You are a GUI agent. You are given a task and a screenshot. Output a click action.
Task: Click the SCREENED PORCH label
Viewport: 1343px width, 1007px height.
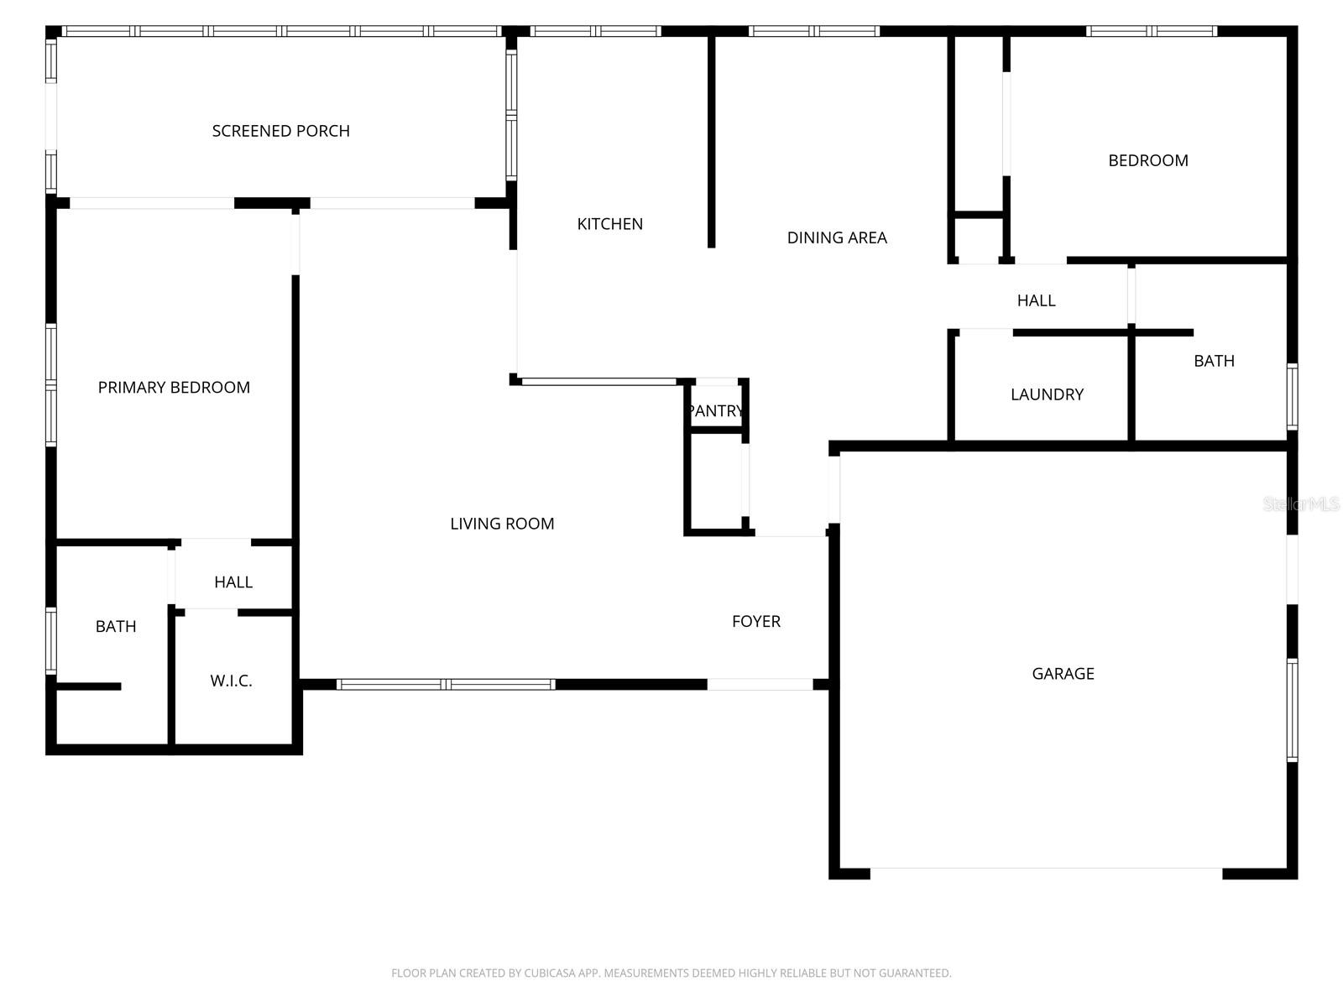[280, 131]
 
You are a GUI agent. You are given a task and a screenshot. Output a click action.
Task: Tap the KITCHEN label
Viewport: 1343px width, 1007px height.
[609, 224]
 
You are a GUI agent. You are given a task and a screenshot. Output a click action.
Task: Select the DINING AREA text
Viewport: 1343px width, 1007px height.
[836, 237]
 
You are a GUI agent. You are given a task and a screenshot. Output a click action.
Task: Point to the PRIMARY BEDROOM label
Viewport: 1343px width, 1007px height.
[174, 387]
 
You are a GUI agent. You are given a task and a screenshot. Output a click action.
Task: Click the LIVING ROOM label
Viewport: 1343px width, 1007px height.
[502, 524]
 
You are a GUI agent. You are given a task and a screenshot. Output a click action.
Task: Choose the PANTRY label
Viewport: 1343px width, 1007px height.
[715, 410]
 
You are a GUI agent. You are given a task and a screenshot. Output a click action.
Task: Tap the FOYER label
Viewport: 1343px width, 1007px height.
[755, 621]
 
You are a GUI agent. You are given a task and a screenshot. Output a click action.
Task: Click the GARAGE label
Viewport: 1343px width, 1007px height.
[1063, 673]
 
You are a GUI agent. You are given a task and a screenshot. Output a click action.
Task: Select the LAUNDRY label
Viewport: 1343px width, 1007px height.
[1047, 394]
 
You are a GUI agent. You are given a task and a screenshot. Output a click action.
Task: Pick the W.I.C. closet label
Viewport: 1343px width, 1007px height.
[231, 681]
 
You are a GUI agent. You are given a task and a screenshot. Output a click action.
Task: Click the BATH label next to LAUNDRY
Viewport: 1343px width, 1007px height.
[1214, 361]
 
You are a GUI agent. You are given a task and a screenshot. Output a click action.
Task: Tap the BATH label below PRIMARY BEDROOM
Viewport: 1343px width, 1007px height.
[116, 626]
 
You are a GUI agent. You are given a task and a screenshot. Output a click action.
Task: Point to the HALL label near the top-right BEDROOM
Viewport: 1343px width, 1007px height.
[1036, 300]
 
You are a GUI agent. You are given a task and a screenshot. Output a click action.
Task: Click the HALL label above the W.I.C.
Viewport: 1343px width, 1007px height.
[233, 582]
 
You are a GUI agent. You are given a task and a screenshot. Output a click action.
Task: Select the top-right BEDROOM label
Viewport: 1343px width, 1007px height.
[1147, 160]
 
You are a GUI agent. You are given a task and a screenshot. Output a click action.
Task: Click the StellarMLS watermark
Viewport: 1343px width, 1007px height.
[1301, 504]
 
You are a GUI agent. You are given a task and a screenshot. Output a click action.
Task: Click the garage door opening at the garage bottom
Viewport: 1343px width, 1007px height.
[1046, 873]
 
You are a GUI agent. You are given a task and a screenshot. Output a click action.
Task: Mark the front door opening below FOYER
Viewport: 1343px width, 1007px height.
[760, 685]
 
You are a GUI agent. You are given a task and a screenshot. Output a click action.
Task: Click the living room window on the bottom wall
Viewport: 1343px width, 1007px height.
[446, 685]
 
